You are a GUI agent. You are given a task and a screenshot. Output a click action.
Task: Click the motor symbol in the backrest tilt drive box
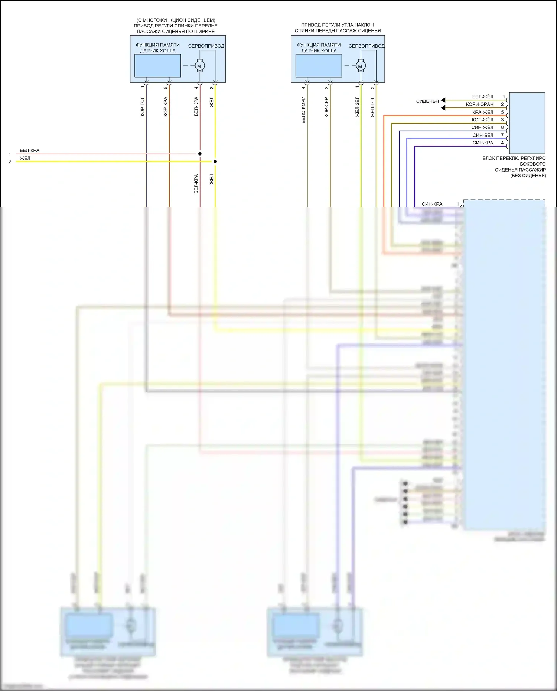[x=360, y=66]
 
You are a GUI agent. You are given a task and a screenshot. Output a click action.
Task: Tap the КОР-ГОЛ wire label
[x=143, y=107]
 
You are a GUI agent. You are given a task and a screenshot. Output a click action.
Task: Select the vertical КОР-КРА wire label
[x=166, y=107]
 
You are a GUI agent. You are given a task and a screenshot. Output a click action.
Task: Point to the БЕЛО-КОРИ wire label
[x=304, y=110]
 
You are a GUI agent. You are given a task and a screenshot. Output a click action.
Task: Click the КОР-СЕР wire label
[x=327, y=107]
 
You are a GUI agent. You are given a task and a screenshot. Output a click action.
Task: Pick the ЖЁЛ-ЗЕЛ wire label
[x=357, y=107]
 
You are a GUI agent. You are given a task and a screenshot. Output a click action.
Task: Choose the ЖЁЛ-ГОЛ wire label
[x=372, y=107]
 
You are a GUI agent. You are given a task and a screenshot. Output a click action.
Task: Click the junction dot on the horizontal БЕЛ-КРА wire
[x=200, y=154]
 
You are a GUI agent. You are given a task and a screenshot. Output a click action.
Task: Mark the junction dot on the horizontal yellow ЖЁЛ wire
[x=215, y=162]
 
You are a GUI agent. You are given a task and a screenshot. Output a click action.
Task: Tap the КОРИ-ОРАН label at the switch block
[x=479, y=104]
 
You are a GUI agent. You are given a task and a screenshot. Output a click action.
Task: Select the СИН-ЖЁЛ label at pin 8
[x=482, y=127]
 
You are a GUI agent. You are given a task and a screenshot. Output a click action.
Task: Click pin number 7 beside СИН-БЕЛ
[x=502, y=135]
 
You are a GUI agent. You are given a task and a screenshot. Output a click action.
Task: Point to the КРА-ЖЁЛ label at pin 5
[x=482, y=112]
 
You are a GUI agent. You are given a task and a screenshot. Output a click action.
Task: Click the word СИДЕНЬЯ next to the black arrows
[x=427, y=101]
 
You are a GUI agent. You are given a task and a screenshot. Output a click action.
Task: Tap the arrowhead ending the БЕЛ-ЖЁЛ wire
[x=443, y=100]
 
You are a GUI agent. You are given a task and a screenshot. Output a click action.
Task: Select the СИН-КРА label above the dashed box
[x=432, y=204]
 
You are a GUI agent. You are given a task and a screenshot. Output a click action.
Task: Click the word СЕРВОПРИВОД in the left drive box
[x=206, y=46]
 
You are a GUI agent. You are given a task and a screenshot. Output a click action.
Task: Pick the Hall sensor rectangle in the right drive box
[x=319, y=66]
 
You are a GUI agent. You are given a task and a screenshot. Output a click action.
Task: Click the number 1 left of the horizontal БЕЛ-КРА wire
[x=10, y=154]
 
